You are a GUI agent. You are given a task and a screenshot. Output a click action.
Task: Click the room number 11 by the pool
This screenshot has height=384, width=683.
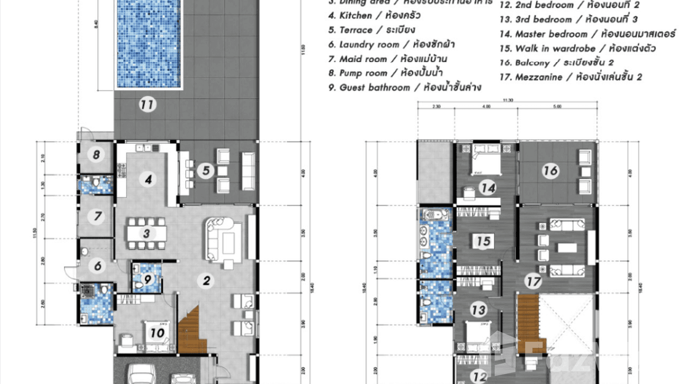point(148,105)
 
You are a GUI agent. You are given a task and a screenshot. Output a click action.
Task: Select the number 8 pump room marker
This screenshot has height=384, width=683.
point(96,154)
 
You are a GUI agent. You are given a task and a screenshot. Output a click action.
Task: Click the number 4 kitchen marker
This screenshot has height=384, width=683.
point(148,179)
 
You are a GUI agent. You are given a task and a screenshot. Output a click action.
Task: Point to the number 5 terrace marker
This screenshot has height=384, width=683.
point(206,171)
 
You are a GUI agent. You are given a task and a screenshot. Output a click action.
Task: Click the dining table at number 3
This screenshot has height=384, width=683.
point(147,234)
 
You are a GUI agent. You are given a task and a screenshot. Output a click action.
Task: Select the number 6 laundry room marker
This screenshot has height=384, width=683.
point(98,265)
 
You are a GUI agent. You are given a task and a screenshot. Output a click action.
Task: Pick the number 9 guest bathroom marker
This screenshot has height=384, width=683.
point(148,279)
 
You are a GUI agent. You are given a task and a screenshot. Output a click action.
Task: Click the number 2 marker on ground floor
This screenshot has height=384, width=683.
point(206,280)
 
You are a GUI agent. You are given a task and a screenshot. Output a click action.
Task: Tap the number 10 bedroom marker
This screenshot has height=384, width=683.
point(157,333)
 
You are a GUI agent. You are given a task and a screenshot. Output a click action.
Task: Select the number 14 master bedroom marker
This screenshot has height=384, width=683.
point(488,188)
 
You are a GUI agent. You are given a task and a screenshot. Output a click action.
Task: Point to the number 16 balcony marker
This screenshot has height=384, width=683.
point(550,171)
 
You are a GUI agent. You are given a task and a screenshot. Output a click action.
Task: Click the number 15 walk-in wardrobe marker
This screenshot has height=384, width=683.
point(483,240)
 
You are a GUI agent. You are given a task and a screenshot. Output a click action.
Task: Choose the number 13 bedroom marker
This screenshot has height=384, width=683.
point(478,310)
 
